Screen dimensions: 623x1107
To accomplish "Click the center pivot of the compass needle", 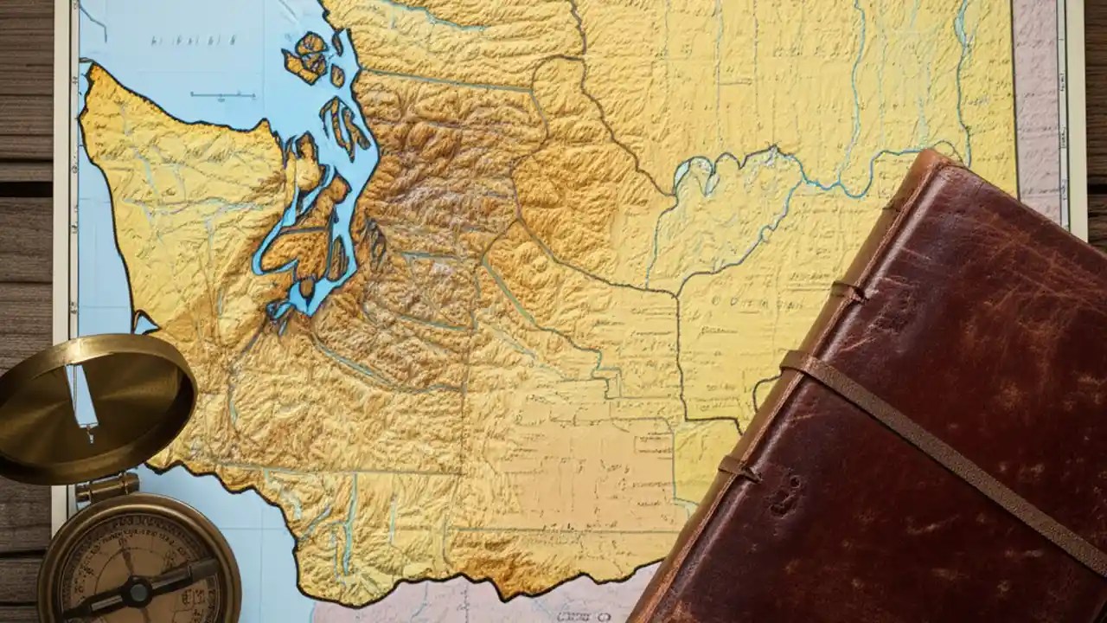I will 138,592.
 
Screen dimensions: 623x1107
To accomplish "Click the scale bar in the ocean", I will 222,95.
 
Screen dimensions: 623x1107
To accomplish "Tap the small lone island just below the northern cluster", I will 337,75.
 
